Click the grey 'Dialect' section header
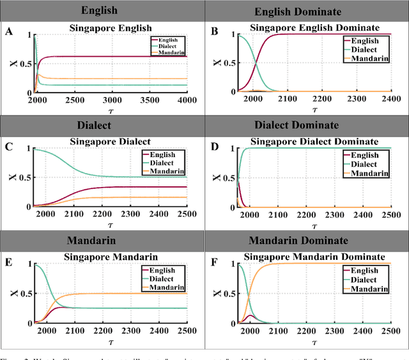coord(103,126)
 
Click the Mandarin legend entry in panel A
coord(168,52)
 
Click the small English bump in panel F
coord(251,316)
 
